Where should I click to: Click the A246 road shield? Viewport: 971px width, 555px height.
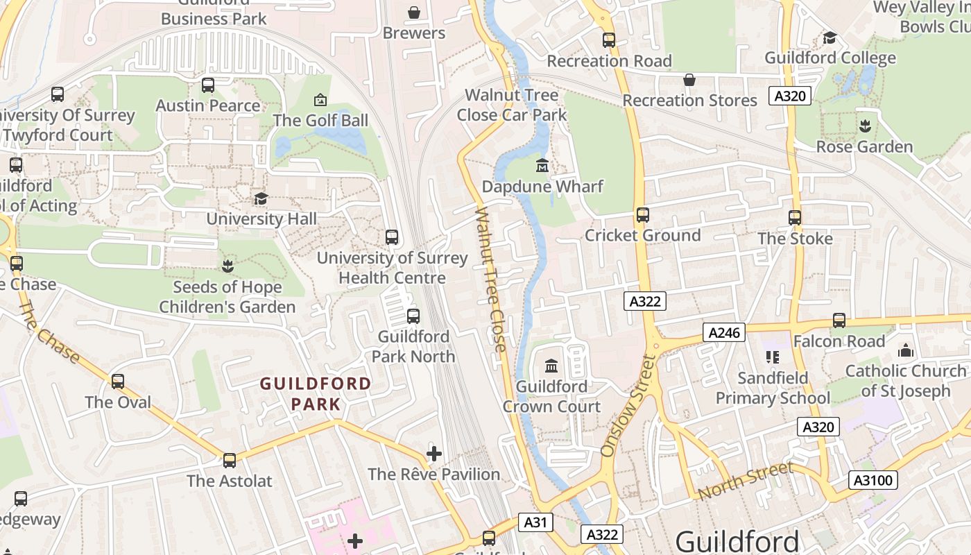coord(725,333)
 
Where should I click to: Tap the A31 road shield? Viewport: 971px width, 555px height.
coord(535,522)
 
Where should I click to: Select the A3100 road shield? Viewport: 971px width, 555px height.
coord(873,480)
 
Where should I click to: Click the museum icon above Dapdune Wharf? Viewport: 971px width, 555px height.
coord(542,166)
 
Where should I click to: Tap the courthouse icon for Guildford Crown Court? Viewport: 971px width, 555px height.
coord(551,366)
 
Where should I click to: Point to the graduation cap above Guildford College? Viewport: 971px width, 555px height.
coord(830,37)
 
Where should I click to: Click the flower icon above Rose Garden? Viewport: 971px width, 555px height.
coord(864,126)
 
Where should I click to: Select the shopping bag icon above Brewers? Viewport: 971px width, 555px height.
coord(414,12)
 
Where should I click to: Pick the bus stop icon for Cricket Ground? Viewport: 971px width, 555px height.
coord(643,215)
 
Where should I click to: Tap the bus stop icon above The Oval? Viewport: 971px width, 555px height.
coord(118,382)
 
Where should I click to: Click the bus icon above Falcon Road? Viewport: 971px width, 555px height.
coord(839,321)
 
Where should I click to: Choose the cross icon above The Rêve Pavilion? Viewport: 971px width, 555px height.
coord(434,454)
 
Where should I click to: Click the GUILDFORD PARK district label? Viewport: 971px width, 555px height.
coord(316,393)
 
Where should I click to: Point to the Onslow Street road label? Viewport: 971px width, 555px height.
coord(627,407)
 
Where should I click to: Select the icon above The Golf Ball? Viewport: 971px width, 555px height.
coord(320,100)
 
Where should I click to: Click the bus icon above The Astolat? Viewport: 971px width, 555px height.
coord(229,460)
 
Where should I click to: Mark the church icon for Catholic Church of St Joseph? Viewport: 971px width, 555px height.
coord(905,351)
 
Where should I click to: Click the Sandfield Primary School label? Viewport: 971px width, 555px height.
coord(773,388)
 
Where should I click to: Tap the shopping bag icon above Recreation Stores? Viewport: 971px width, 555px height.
coord(689,80)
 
